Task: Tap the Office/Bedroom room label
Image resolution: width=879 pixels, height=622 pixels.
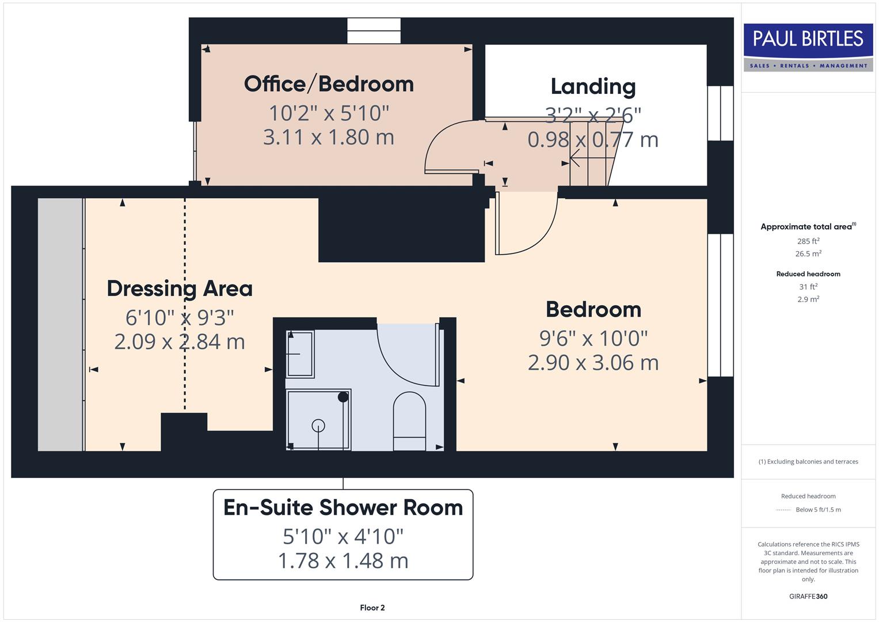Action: pyautogui.click(x=329, y=84)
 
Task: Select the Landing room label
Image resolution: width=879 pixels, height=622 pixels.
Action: pyautogui.click(x=593, y=86)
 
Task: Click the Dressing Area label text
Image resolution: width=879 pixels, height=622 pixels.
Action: pyautogui.click(x=180, y=289)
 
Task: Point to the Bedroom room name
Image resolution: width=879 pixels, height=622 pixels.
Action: pyautogui.click(x=593, y=310)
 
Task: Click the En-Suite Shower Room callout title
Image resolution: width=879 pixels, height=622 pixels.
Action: pyautogui.click(x=343, y=507)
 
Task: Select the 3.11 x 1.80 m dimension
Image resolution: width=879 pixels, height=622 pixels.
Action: pyautogui.click(x=329, y=138)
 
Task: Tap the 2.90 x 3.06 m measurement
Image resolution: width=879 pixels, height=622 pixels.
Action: pyautogui.click(x=593, y=363)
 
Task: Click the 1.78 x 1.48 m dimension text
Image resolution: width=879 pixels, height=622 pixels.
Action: pyautogui.click(x=343, y=560)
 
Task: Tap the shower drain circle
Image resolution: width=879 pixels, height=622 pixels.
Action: pyautogui.click(x=318, y=426)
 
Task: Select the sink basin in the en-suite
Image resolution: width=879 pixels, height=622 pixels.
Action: pyautogui.click(x=300, y=354)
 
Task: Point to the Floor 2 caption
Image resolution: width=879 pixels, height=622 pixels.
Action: pyautogui.click(x=372, y=608)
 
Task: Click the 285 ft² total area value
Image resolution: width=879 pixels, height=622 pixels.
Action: pyautogui.click(x=808, y=241)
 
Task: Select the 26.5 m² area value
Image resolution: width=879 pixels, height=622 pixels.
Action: pyautogui.click(x=808, y=254)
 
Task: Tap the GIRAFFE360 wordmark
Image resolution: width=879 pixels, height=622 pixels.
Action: pyautogui.click(x=808, y=596)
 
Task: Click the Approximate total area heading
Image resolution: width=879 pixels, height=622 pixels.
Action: pyautogui.click(x=808, y=227)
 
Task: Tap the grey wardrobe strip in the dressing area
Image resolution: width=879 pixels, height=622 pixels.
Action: pyautogui.click(x=60, y=324)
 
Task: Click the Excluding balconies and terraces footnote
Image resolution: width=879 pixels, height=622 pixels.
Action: pyautogui.click(x=808, y=461)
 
